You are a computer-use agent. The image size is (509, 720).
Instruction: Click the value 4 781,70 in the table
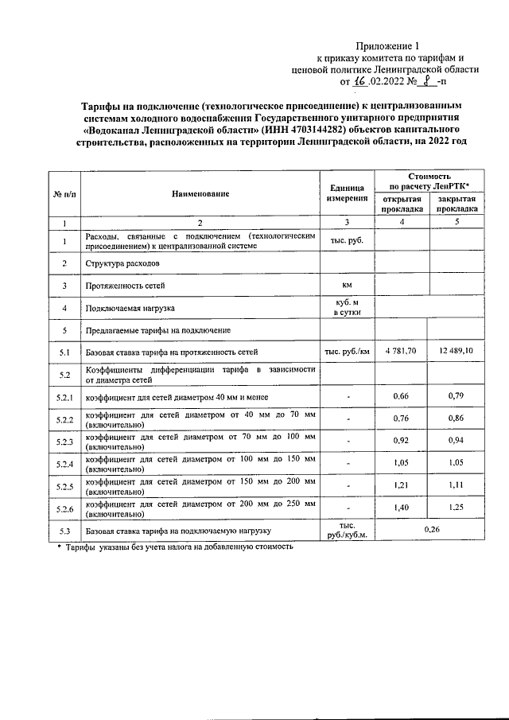pos(402,351)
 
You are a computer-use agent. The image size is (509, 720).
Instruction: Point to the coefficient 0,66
pos(402,396)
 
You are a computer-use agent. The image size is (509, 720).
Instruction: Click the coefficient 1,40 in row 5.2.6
pos(402,507)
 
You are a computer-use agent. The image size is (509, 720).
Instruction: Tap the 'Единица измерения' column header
pos(347,193)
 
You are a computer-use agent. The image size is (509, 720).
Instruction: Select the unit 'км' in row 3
pos(347,285)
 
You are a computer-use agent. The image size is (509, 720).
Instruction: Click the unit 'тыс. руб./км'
pos(347,351)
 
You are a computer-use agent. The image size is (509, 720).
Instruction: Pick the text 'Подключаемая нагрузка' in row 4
pos(130,307)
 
